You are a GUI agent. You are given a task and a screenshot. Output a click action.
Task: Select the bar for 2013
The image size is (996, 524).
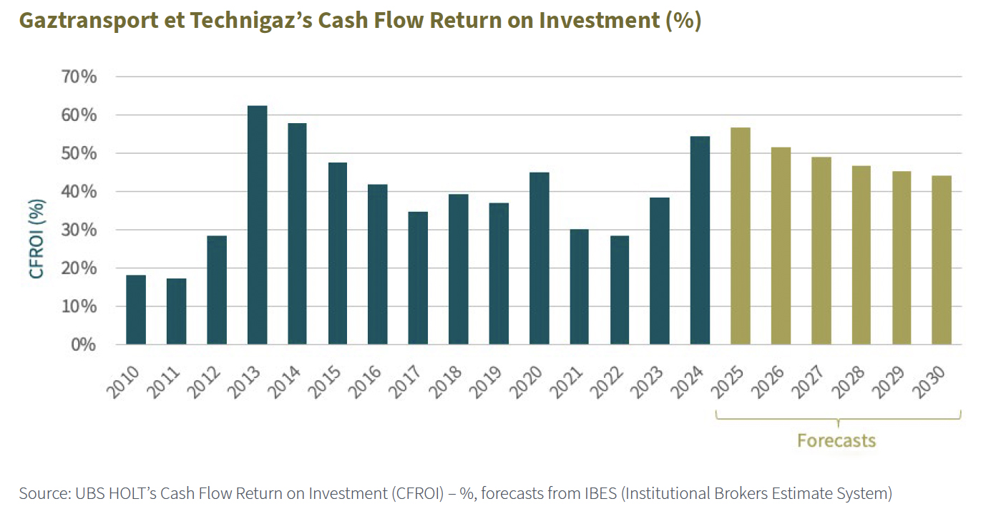tap(257, 225)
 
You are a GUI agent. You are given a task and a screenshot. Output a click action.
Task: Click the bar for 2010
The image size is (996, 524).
tap(136, 310)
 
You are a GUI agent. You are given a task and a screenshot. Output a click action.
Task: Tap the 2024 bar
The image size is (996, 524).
tap(700, 241)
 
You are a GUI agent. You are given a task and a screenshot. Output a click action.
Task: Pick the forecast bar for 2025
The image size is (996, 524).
tap(741, 236)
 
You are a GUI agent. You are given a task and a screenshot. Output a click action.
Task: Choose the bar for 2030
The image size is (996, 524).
tap(941, 260)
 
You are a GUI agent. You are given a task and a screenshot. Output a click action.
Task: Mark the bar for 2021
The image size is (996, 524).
tap(579, 287)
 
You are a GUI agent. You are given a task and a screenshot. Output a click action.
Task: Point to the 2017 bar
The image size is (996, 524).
tap(418, 278)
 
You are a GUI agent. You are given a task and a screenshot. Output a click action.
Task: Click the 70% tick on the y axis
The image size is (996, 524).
tap(79, 77)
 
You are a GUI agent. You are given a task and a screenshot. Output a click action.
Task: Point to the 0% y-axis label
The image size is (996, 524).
tap(84, 344)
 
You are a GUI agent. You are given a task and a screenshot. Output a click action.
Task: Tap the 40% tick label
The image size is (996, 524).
tap(79, 192)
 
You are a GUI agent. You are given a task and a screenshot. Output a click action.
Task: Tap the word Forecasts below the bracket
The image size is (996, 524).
tap(836, 440)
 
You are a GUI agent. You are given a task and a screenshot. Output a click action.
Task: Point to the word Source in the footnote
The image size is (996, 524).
tap(41, 493)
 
